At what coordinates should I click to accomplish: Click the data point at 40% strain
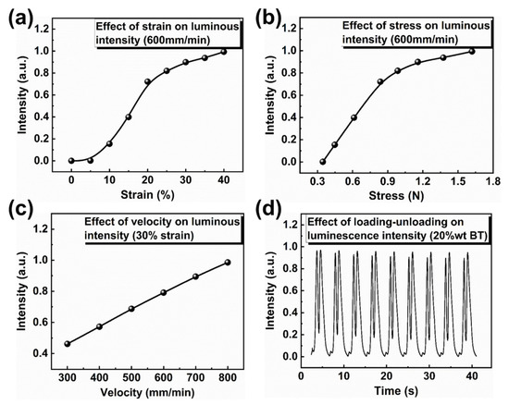pyautogui.click(x=222, y=52)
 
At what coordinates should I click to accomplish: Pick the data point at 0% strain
pyautogui.click(x=71, y=160)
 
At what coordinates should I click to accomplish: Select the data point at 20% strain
pyautogui.click(x=147, y=82)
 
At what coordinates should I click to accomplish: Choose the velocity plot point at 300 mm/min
pyautogui.click(x=67, y=344)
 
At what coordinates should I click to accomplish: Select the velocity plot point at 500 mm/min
pyautogui.click(x=131, y=309)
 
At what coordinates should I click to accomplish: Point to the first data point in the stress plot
pyautogui.click(x=323, y=161)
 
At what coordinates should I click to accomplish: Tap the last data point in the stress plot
pyautogui.click(x=471, y=52)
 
